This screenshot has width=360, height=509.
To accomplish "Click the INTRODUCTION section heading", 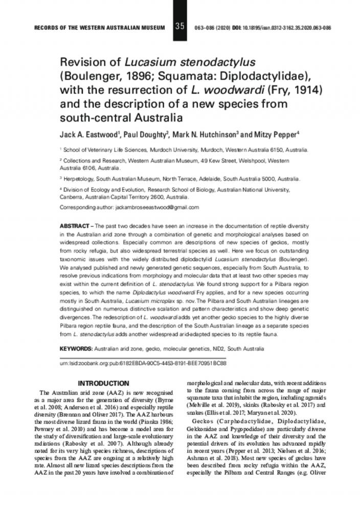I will click(103, 383).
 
